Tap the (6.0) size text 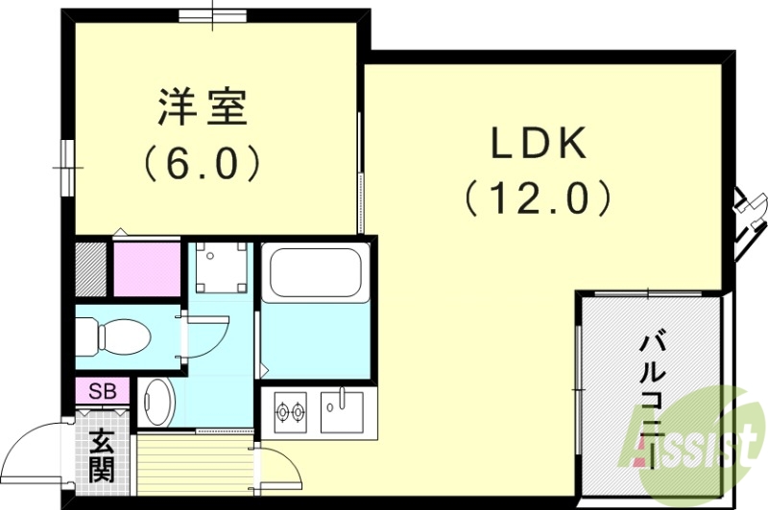(x=203, y=163)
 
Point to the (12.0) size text (x=538, y=198)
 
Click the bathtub (x=315, y=273)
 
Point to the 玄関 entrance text (x=102, y=455)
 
